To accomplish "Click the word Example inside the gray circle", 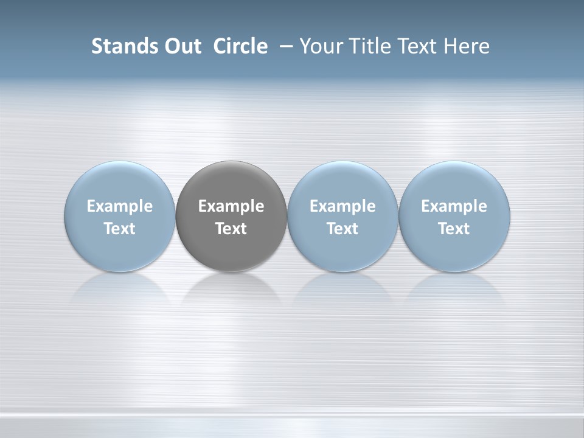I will click(x=231, y=206).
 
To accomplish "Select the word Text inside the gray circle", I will click(x=231, y=229).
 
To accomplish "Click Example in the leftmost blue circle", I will click(x=120, y=206).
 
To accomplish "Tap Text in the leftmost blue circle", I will click(x=120, y=229).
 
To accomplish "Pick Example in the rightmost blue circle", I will click(x=454, y=206).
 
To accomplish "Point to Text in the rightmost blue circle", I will click(x=454, y=229).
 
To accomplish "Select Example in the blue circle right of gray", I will click(x=342, y=206).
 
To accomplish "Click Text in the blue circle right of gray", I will click(x=342, y=229).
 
